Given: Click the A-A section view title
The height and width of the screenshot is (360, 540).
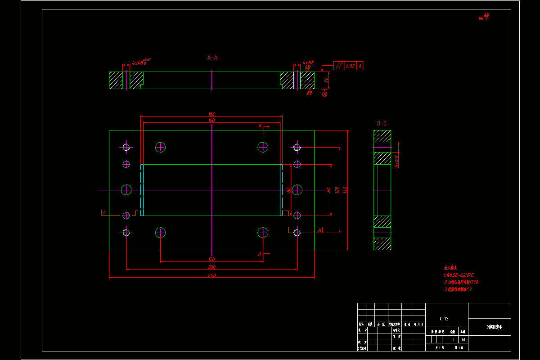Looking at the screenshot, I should (212, 58).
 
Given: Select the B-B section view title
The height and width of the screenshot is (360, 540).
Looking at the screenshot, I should (382, 123).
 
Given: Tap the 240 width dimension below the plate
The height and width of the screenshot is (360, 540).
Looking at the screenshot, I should (211, 275).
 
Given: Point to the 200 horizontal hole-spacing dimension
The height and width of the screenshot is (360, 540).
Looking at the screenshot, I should (211, 267).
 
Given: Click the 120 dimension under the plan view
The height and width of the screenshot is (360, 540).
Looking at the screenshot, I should (211, 259).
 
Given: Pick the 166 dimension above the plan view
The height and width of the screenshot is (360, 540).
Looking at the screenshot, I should (211, 114).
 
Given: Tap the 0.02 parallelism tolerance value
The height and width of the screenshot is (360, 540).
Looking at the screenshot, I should (350, 66).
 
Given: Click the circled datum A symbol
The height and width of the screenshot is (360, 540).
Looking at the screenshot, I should (325, 94).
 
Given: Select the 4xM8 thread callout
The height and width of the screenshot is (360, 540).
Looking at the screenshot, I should (308, 63).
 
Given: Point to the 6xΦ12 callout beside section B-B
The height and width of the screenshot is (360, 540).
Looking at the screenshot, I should (396, 161).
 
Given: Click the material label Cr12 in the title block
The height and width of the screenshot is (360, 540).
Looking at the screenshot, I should (444, 319).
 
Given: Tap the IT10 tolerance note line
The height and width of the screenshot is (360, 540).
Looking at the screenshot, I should (461, 282).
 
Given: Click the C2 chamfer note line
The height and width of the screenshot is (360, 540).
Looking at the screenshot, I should (458, 290).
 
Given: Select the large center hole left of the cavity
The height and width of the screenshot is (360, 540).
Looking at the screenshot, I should (126, 190).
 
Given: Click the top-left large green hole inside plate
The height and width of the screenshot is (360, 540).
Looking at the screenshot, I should (161, 147).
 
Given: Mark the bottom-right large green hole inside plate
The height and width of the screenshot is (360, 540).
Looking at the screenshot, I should (263, 233).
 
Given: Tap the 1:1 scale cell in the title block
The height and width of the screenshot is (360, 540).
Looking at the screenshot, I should (463, 340).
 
